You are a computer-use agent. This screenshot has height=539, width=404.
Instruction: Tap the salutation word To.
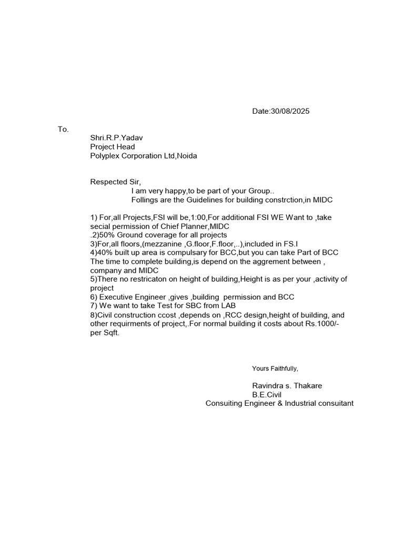coord(63,129)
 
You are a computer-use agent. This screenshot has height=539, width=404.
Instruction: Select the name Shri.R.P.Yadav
coord(116,138)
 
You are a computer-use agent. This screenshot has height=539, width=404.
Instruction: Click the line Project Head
coord(113,147)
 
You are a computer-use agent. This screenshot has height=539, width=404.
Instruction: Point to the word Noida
coord(188,156)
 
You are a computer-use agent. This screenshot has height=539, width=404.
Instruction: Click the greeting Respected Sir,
coord(116,182)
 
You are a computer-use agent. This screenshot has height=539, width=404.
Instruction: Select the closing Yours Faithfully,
coord(275,368)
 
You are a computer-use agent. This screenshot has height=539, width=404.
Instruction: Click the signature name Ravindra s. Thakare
coord(287,386)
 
